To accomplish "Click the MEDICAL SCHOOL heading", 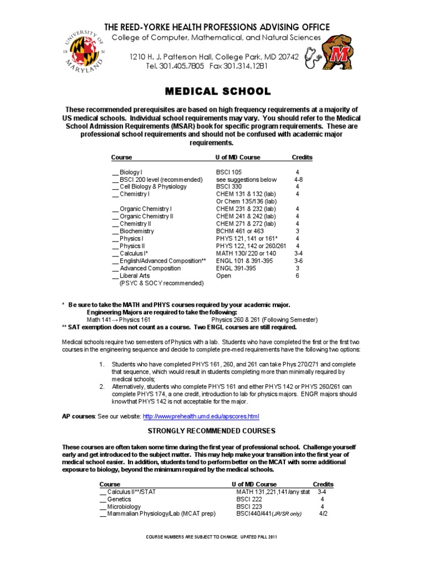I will [x=211, y=91].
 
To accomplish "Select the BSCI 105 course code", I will [x=229, y=172].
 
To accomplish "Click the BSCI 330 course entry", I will [x=229, y=187].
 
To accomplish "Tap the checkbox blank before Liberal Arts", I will [x=115, y=275].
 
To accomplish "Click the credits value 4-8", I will [x=299, y=180].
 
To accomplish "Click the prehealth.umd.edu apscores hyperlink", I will [x=201, y=416].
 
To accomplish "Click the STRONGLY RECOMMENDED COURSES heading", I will [x=211, y=431].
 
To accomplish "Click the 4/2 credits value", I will [x=323, y=513].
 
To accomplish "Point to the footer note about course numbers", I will [x=212, y=537].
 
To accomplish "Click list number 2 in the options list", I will [x=102, y=386].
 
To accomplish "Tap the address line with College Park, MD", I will [x=214, y=56].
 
